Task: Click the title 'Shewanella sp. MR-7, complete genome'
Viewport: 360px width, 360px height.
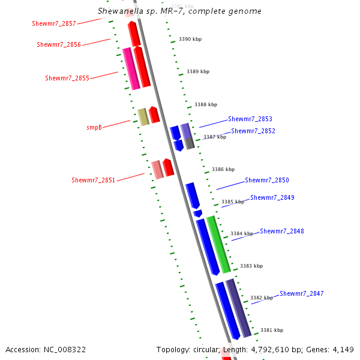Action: [x=179, y=11]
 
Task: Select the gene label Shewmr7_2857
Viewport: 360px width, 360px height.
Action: [x=54, y=24]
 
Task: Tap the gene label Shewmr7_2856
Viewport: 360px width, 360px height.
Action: [x=59, y=45]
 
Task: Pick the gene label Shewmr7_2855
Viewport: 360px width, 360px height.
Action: [x=67, y=79]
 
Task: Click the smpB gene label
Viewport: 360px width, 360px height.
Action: [x=94, y=128]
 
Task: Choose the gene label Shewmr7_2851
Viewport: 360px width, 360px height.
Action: [x=93, y=181]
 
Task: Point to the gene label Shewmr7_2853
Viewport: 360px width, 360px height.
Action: [x=250, y=119]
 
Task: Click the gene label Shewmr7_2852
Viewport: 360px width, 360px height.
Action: [x=253, y=131]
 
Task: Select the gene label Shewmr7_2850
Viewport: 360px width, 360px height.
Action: [x=266, y=181]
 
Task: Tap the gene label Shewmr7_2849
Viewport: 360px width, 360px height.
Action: [x=272, y=198]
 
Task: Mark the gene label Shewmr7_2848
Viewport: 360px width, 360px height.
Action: [x=281, y=232]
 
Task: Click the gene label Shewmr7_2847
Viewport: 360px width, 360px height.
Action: [x=301, y=294]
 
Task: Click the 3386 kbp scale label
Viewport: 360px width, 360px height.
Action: [x=223, y=170]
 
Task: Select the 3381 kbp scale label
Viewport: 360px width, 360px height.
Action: [x=271, y=331]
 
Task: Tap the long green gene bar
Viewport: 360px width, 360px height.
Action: [x=218, y=245]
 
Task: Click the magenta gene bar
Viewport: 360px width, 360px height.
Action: [x=131, y=69]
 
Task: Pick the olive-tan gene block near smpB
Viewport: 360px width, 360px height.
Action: [x=143, y=117]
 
